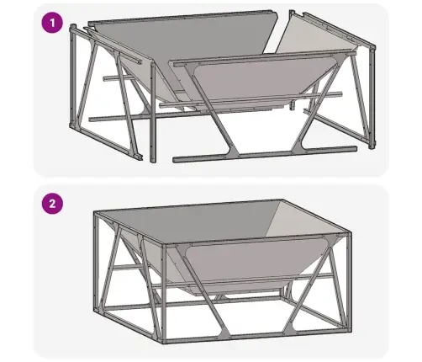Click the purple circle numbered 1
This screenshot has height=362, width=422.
point(52,23)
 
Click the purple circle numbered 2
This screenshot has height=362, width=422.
point(52,204)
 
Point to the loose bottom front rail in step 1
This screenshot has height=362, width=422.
point(265,154)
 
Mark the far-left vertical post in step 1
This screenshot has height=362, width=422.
point(73,76)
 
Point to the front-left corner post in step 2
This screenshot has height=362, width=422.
point(164,294)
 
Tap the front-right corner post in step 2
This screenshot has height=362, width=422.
point(349,282)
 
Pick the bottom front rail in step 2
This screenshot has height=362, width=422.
point(256,338)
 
